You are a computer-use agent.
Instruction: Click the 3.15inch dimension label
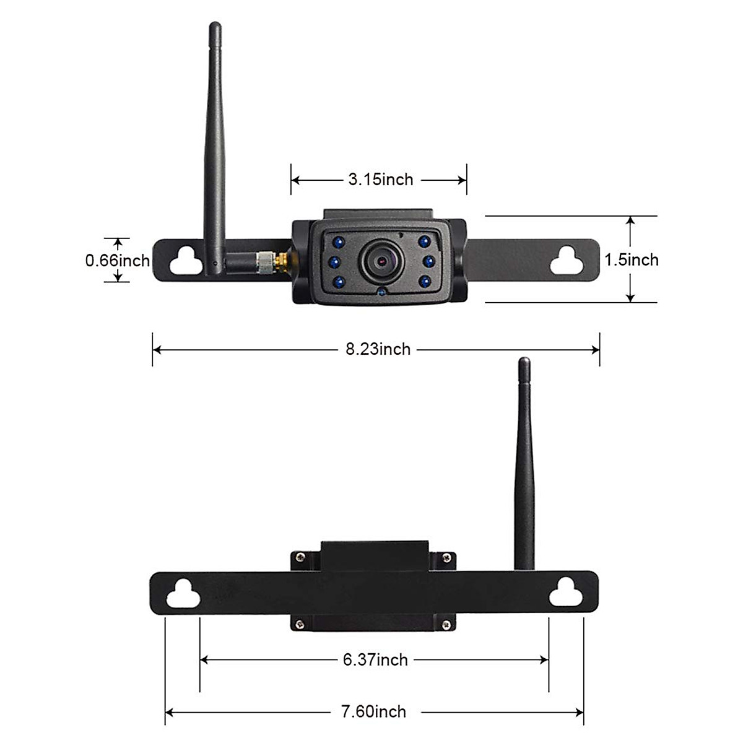coord(380,180)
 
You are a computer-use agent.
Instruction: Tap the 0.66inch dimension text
coord(118,260)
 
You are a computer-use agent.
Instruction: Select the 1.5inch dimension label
coord(632,259)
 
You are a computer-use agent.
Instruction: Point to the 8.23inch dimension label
coord(378,349)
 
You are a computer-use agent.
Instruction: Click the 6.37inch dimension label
coord(375,660)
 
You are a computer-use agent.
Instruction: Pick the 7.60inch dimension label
coord(374,712)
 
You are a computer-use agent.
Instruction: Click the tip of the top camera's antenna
coord(215,26)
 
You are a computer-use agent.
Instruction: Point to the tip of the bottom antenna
coord(524,361)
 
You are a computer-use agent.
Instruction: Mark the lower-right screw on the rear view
coord(445,625)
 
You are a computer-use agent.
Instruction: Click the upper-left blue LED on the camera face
coord(338,241)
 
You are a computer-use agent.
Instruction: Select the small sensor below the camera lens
coord(381,291)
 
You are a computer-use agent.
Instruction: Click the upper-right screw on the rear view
coord(445,558)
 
